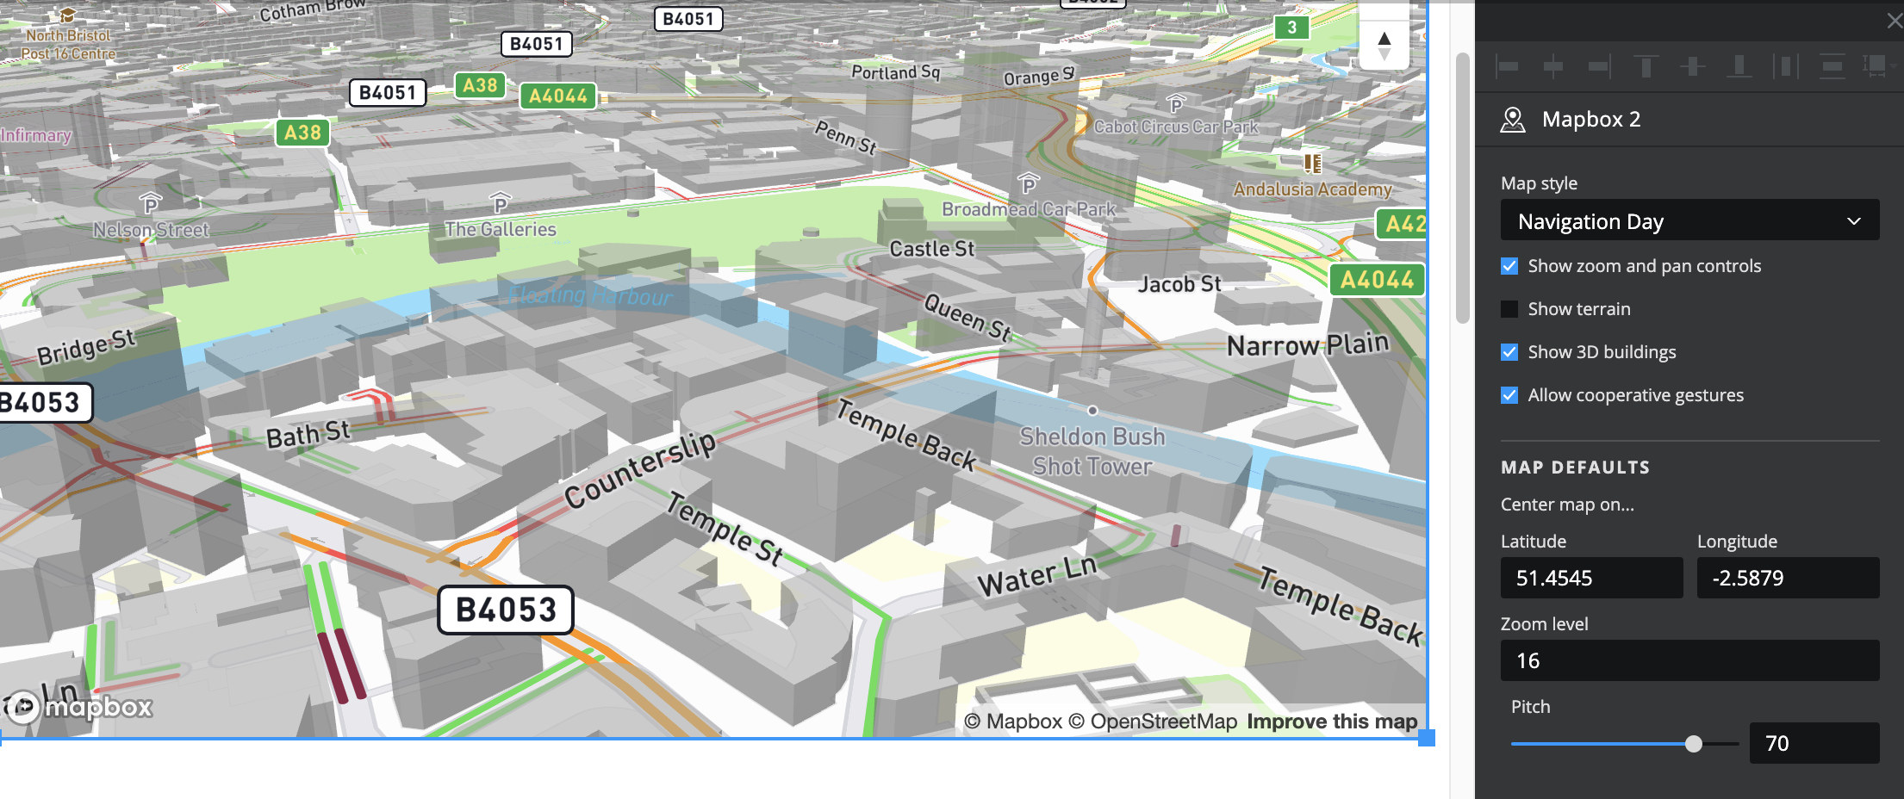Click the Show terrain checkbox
click(1509, 309)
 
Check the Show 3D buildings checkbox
click(1509, 352)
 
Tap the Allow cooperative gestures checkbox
click(1509, 395)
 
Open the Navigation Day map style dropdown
click(1689, 221)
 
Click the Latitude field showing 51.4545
click(1590, 578)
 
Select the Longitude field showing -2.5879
click(1787, 578)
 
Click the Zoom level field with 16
click(1689, 660)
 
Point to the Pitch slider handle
click(1694, 744)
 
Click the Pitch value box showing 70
click(1814, 743)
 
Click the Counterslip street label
click(640, 470)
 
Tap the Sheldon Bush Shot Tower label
click(1092, 451)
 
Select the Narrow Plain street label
click(1308, 344)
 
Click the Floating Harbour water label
click(590, 295)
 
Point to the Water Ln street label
click(1036, 576)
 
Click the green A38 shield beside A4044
click(480, 85)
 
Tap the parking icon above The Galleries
click(501, 203)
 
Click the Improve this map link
click(1332, 722)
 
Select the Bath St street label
click(308, 434)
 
